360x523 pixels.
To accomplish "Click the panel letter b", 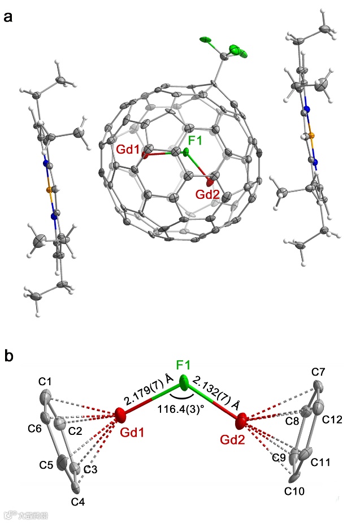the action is click(x=8, y=356).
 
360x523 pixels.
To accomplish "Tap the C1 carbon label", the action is click(x=46, y=382).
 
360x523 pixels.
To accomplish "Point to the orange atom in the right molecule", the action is click(x=309, y=136).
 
